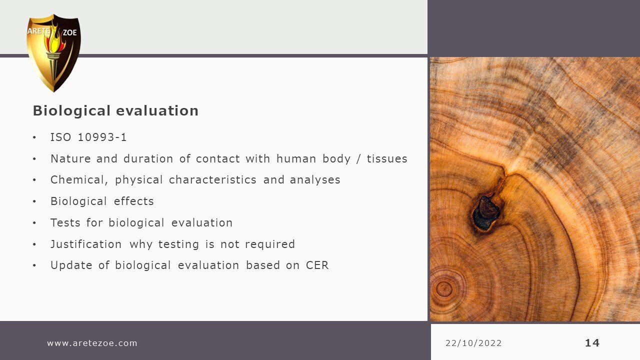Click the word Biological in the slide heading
71,111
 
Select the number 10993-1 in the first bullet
102,137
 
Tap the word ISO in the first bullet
60,137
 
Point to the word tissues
387,159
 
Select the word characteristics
212,180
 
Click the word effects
133,201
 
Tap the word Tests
65,223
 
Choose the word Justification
86,244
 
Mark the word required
269,244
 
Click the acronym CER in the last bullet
317,265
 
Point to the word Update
71,265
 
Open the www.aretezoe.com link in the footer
92,343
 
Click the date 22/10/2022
473,343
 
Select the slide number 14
592,343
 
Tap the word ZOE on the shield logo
69,32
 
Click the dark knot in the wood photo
485,213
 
